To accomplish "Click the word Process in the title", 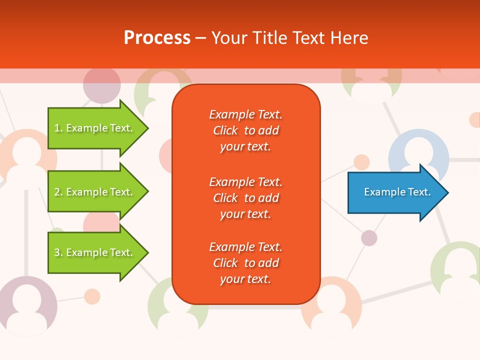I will click(157, 37).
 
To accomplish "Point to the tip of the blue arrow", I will click(447, 192).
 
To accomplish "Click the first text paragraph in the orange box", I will click(245, 130).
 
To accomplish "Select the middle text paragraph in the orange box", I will click(245, 198).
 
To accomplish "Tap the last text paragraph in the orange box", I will click(245, 263).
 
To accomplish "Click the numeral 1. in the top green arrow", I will click(58, 128).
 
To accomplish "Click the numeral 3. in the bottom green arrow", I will click(58, 252).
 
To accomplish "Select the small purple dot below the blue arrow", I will click(369, 238).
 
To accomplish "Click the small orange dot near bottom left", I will click(92, 296).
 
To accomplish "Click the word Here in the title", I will click(350, 37).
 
